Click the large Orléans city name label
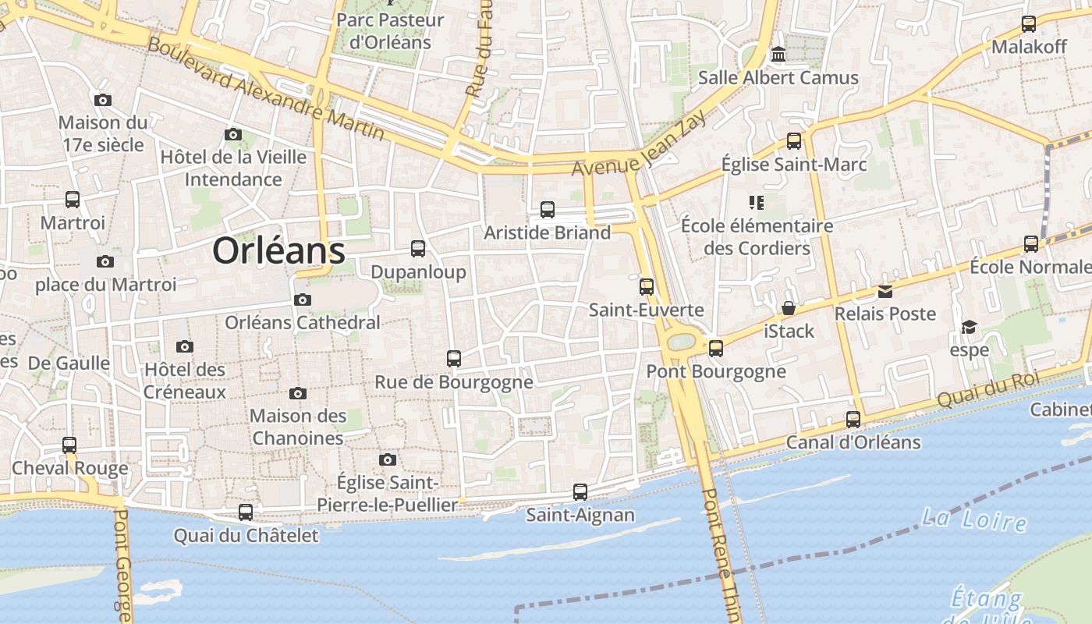278,251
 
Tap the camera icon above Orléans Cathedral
303,300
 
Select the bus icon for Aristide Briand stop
548,209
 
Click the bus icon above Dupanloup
418,249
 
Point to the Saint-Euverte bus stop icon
647,286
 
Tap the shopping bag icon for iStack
789,308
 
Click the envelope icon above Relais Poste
885,291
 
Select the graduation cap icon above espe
969,327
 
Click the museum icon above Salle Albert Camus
778,55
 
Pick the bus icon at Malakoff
1029,23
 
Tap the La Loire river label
973,519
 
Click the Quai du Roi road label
989,388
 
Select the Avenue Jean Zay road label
640,144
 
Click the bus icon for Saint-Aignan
580,492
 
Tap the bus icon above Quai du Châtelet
246,512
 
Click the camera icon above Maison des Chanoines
298,393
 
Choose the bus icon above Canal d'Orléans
853,420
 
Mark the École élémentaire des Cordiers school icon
756,203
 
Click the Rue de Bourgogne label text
454,382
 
